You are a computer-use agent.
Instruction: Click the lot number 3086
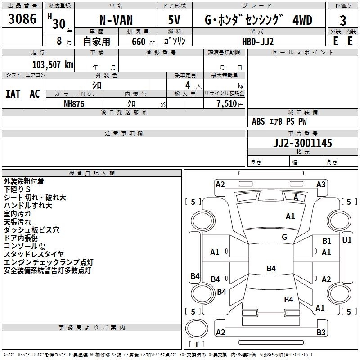pyautogui.click(x=22, y=20)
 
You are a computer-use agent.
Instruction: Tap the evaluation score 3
pyautogui.click(x=343, y=21)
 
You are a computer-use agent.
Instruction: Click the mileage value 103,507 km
pyautogui.click(x=52, y=64)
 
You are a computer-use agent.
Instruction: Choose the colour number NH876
pyautogui.click(x=74, y=103)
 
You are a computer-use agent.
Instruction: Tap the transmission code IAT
pyautogui.click(x=13, y=94)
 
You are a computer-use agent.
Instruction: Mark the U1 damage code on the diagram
pyautogui.click(x=347, y=240)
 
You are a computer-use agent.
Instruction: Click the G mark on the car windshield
pyautogui.click(x=284, y=237)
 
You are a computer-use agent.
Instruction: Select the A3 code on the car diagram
pyautogui.click(x=321, y=184)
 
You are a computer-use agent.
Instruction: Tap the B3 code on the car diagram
pyautogui.click(x=321, y=333)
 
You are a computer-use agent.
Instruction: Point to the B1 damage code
pyautogui.click(x=327, y=241)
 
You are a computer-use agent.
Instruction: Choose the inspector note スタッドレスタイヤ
pyautogui.click(x=34, y=254)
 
